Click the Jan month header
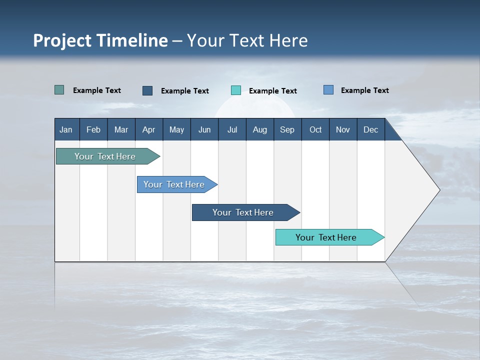click(x=66, y=129)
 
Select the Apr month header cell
click(x=148, y=129)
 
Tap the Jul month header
click(x=232, y=129)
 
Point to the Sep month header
click(x=287, y=129)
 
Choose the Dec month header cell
click(x=370, y=129)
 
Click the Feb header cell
click(x=93, y=129)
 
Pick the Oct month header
click(x=315, y=129)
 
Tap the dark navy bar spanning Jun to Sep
click(x=243, y=212)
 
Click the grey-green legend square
click(x=59, y=90)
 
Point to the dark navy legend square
click(x=147, y=90)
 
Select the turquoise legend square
click(x=236, y=90)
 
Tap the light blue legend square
click(x=328, y=90)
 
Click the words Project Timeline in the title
click(x=100, y=40)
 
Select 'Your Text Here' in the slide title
click(x=247, y=40)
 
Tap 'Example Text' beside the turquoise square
click(x=272, y=91)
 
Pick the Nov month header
click(x=343, y=129)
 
